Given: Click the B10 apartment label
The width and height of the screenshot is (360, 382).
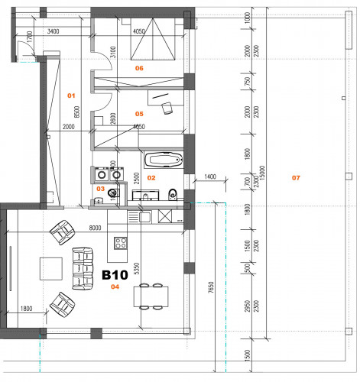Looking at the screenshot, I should point(115,274).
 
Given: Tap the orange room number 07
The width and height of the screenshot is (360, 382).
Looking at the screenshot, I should point(296,178).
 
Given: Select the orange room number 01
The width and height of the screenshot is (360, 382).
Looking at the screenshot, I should point(72,95).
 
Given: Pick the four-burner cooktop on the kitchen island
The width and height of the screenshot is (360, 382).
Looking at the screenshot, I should point(121,244).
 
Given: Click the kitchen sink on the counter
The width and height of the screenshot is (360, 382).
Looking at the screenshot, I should point(144,217).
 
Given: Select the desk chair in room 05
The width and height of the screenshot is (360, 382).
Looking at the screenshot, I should point(166,108).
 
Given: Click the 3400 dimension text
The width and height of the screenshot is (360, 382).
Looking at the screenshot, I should point(54,31).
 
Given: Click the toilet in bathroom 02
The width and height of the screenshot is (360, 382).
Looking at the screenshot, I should point(174,193).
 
